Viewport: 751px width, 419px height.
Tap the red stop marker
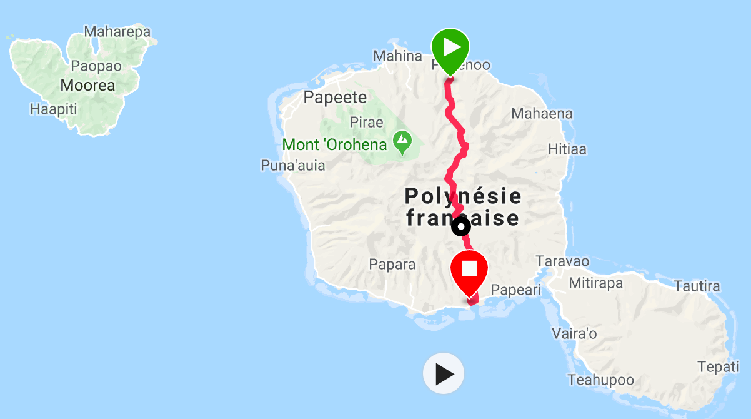click(469, 270)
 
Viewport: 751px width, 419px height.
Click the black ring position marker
click(461, 226)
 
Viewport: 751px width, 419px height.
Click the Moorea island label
click(88, 85)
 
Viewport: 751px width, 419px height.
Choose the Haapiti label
click(53, 109)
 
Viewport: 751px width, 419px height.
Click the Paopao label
click(96, 66)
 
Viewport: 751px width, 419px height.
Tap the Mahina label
click(398, 56)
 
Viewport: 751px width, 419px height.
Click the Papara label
click(392, 265)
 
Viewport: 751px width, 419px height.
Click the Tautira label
click(697, 286)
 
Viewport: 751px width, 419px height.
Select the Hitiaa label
click(567, 150)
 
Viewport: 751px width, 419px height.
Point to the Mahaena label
click(542, 114)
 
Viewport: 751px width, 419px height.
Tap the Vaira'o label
click(574, 333)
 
